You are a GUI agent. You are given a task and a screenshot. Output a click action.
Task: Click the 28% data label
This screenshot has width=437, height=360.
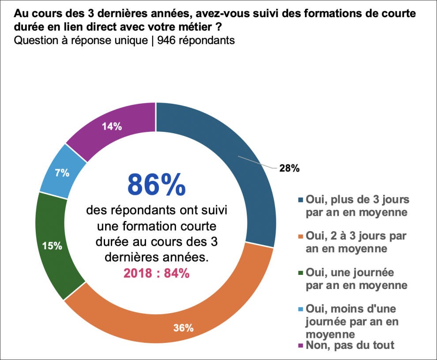290,168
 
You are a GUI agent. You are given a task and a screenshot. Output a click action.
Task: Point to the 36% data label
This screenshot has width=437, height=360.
183,328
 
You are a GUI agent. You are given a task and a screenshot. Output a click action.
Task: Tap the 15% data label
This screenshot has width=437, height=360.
52,246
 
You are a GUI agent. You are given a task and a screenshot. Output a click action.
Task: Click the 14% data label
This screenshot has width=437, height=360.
112,127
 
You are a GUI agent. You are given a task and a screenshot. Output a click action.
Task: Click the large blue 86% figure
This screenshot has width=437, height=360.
156,184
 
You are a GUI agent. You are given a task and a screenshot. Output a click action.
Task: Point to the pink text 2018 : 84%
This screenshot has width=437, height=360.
156,273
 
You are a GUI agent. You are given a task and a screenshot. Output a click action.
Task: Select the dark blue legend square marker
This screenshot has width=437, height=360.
301,200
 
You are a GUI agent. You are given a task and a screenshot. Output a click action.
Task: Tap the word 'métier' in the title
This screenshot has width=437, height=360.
198,27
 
